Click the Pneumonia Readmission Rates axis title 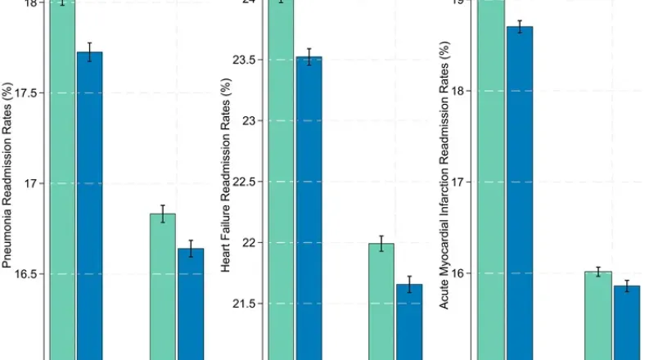pos(8,175)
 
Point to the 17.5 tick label pos(25,93)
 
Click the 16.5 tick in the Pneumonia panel pos(25,273)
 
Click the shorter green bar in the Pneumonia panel pos(162,286)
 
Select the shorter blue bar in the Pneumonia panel pos(191,303)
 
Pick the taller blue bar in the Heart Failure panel pos(309,209)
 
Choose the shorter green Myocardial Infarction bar pos(597,315)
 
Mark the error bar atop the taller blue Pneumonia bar pos(89,52)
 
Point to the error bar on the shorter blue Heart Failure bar pos(409,284)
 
